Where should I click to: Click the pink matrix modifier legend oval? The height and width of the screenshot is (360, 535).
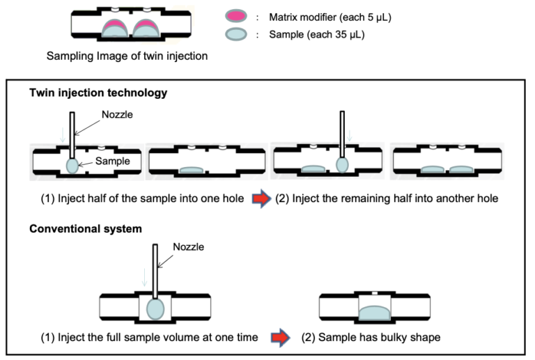point(235,16)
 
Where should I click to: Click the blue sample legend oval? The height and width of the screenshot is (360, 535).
point(235,34)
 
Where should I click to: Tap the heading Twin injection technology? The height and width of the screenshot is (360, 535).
point(98,93)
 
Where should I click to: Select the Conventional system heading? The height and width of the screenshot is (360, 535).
point(86,228)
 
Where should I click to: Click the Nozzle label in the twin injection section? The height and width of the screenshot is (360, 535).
point(117,114)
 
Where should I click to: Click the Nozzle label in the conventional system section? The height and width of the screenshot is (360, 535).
point(188,246)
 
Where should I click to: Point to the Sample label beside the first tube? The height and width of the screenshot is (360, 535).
point(113,161)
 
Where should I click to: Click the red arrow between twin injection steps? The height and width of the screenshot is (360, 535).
point(261,198)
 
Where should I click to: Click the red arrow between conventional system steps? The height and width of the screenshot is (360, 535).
point(281,338)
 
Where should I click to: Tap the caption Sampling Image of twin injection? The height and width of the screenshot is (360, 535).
point(127,56)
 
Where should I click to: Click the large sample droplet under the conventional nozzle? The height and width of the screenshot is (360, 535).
point(155,309)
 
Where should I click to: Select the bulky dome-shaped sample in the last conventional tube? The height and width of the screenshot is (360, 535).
point(374,313)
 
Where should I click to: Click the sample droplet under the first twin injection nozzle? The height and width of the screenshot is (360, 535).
point(72,166)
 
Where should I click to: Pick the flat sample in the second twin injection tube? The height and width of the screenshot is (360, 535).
point(192,170)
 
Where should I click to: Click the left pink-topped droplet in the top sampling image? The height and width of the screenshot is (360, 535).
point(115,28)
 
